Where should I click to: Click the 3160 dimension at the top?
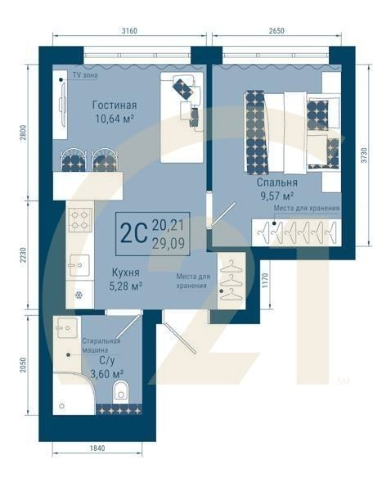129,31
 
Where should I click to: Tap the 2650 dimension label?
276,31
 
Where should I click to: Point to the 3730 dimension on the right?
363,155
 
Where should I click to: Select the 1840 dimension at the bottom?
97,448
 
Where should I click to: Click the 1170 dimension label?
266,281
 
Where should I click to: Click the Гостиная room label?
115,106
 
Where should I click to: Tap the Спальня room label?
277,182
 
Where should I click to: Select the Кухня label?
125,273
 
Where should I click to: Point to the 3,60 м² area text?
106,374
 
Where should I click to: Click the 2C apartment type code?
133,233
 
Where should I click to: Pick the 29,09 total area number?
169,243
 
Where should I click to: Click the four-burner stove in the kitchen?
80,220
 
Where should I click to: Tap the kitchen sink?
79,265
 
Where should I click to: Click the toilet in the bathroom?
121,390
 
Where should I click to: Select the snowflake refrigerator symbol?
79,295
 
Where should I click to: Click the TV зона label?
85,75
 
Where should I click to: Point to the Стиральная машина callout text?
101,345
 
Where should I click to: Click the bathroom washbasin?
66,328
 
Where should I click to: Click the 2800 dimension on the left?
24,133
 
